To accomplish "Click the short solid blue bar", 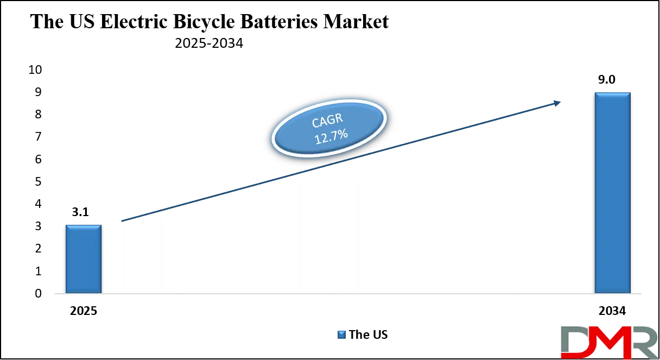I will click(x=84, y=259).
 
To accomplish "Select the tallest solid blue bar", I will click(x=613, y=193).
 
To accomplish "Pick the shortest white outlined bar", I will click(x=141, y=254).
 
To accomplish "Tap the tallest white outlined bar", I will click(x=554, y=204).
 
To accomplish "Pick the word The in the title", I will click(x=46, y=22).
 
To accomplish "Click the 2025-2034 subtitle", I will click(x=209, y=44).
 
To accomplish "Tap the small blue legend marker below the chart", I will click(x=340, y=334).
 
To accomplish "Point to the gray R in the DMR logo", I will click(x=643, y=343).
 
